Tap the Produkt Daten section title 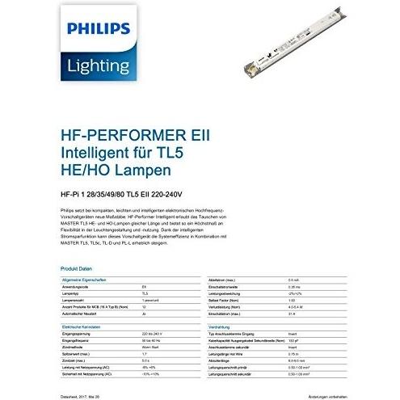tap(74, 267)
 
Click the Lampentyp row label tap(74, 292)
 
